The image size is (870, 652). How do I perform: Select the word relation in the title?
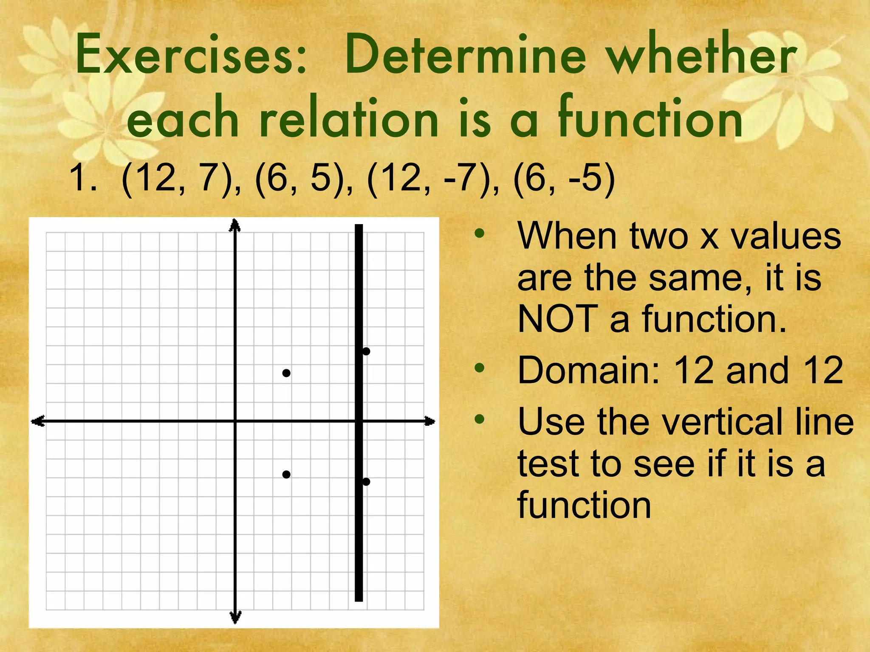pos(348,119)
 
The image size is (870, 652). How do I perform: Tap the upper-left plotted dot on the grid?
pos(286,373)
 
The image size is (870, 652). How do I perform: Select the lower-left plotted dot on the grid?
pos(286,474)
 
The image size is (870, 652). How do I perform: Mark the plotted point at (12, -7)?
pos(366,481)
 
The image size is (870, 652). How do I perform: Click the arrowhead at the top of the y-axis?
pos(235,225)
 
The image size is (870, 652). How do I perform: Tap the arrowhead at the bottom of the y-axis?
pos(235,618)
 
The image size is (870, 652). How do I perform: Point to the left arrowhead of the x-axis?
pos(37,421)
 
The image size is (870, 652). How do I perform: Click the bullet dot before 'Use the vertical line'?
pos(480,419)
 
